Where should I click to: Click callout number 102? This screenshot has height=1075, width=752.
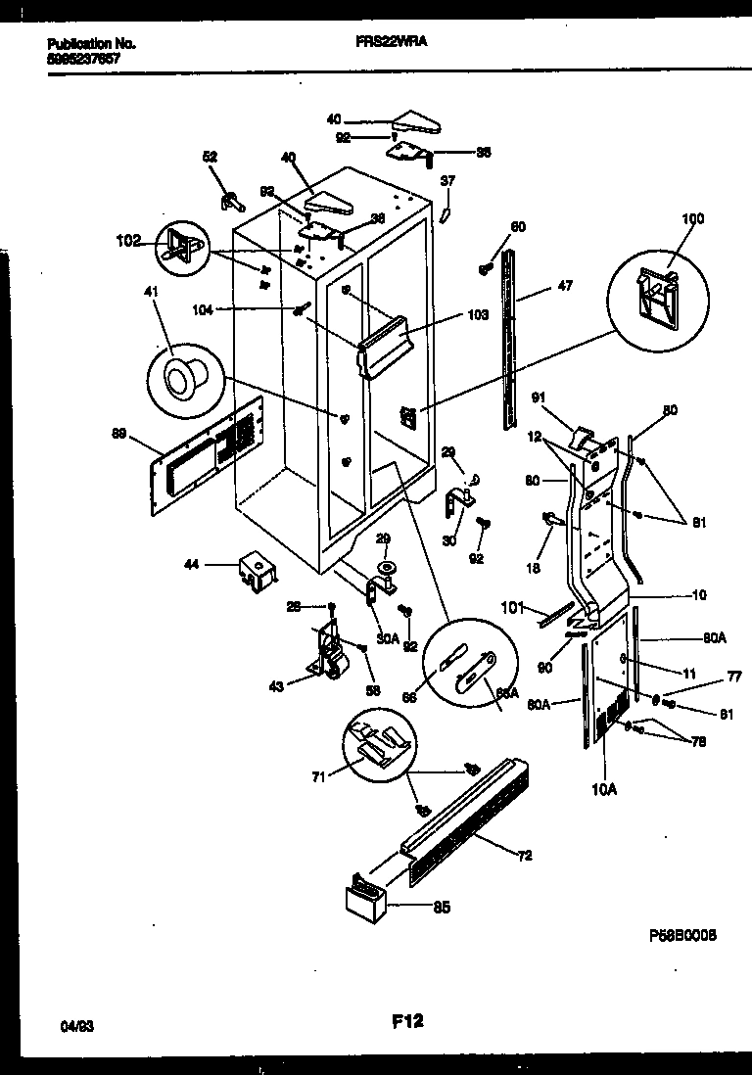tap(127, 238)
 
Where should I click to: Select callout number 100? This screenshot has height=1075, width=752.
tap(692, 218)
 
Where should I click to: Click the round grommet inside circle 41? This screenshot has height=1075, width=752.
tap(183, 374)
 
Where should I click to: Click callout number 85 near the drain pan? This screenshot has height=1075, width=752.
tap(442, 908)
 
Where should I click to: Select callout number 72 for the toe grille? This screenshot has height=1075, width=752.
tap(524, 856)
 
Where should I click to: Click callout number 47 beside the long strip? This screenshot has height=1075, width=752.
tap(565, 286)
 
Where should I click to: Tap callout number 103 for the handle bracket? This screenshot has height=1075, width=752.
tap(477, 316)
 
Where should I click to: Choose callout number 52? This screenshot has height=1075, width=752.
tap(210, 156)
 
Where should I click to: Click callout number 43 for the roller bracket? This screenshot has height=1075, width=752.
tap(276, 687)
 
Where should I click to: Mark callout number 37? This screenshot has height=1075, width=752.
tap(447, 181)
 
